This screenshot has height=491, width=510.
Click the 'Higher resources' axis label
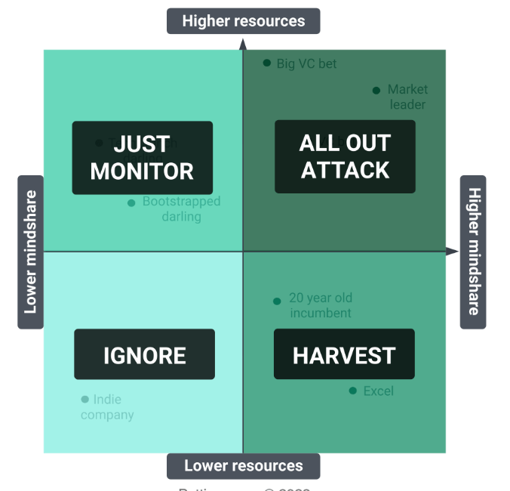tap(243, 21)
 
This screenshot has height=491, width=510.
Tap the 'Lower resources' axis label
tap(243, 466)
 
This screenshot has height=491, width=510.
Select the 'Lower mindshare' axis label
tap(30, 252)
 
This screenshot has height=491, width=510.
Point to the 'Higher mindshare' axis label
tap(473, 252)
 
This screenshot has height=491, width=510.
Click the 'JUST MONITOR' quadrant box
tap(142, 157)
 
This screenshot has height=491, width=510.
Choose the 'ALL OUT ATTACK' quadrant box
tap(345, 156)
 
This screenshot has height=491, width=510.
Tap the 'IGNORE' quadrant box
tap(144, 354)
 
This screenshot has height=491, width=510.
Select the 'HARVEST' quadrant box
tap(344, 354)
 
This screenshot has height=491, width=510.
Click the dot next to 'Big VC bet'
tap(267, 63)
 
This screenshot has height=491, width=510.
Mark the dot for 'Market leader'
tap(376, 91)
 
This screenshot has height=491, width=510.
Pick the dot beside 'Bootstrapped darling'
tap(131, 202)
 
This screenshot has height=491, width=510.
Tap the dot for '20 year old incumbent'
tap(277, 301)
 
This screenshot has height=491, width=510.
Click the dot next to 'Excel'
tap(352, 391)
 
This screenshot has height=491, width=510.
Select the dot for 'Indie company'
tap(84, 400)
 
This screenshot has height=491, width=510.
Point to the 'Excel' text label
tap(379, 391)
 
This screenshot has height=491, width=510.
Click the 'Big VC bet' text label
tap(306, 64)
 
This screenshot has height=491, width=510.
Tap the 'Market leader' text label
tap(407, 97)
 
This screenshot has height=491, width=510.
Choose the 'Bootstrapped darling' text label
tap(181, 209)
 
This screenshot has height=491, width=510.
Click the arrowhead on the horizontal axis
tap(452, 252)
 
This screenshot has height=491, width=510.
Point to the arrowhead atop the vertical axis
tap(243, 45)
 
